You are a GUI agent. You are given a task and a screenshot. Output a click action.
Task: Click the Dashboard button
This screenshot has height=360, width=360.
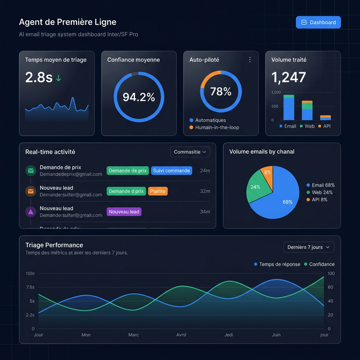pyautogui.click(x=318, y=22)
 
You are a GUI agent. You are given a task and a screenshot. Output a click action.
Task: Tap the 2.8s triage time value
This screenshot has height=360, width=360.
pyautogui.click(x=39, y=78)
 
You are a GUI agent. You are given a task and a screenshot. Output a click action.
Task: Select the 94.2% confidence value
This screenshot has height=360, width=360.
pyautogui.click(x=138, y=97)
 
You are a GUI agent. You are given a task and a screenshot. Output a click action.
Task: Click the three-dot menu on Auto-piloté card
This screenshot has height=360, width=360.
pyautogui.click(x=250, y=60)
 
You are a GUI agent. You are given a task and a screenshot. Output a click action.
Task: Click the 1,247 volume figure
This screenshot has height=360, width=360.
pyautogui.click(x=289, y=78)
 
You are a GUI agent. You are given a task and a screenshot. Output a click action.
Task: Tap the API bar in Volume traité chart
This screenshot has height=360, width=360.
pyautogui.click(x=326, y=118)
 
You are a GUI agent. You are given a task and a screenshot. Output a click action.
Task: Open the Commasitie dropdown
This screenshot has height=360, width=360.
pyautogui.click(x=191, y=152)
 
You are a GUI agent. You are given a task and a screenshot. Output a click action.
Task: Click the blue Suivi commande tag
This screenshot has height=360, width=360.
pyautogui.click(x=172, y=170)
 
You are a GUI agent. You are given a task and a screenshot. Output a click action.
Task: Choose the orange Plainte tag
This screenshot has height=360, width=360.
pyautogui.click(x=157, y=191)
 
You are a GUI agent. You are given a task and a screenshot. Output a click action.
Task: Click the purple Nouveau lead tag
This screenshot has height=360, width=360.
pyautogui.click(x=124, y=211)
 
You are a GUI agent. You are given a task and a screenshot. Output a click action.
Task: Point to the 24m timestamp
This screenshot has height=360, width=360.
pyautogui.click(x=205, y=170)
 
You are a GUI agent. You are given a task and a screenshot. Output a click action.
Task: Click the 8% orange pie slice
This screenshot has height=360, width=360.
pyautogui.click(x=268, y=173)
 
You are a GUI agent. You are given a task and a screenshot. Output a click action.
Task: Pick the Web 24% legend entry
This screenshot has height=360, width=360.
pyautogui.click(x=320, y=192)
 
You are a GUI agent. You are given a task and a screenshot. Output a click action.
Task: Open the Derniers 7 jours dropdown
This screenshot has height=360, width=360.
pyautogui.click(x=308, y=247)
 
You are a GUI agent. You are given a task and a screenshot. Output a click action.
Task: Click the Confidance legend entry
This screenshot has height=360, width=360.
pyautogui.click(x=319, y=264)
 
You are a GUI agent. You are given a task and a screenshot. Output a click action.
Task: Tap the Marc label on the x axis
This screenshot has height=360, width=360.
pyautogui.click(x=133, y=335)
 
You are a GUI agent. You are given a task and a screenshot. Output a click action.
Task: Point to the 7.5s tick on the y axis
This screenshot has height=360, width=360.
pyautogui.click(x=30, y=287)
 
